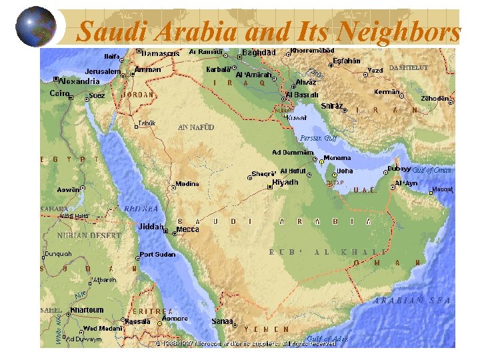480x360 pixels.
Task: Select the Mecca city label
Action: (x=187, y=229)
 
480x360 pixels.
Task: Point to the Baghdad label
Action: (x=259, y=52)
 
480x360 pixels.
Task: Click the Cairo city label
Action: (x=59, y=93)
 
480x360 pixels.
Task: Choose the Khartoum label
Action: (x=87, y=310)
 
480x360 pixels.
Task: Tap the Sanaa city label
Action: (x=222, y=321)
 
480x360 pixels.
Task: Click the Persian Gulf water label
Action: (x=318, y=138)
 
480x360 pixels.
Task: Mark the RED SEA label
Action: (x=141, y=209)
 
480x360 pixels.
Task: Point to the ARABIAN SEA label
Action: (x=412, y=301)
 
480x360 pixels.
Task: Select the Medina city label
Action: (x=187, y=184)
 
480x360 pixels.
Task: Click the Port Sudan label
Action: (x=157, y=255)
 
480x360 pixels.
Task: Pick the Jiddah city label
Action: (x=151, y=227)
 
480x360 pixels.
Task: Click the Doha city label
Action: (x=345, y=171)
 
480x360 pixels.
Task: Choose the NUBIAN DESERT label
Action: (x=89, y=235)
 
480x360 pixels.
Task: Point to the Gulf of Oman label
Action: (x=431, y=171)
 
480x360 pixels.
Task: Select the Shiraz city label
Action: (x=332, y=106)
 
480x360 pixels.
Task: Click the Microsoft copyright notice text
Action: (x=245, y=344)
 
